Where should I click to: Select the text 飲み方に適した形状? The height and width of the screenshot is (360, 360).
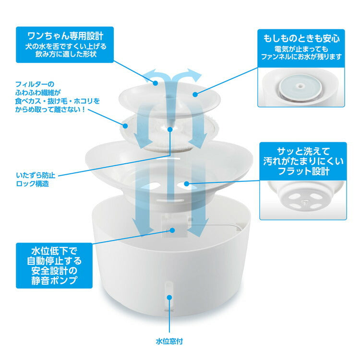pyautogui.click(x=65, y=55)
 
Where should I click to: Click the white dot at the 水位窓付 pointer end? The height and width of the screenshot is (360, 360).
pyautogui.click(x=169, y=298)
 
